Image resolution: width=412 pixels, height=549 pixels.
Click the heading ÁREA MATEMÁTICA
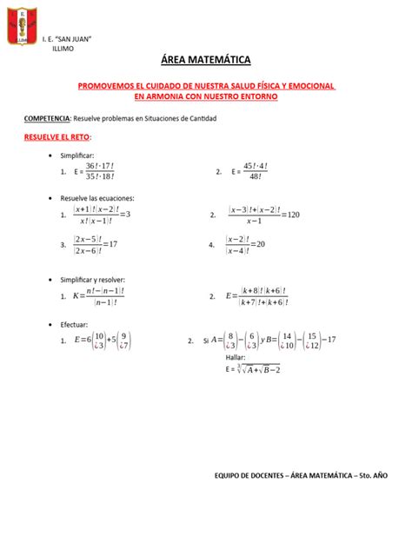(x=205, y=60)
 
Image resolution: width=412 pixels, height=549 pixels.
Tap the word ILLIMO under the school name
(x=63, y=49)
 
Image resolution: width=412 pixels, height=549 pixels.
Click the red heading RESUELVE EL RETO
(x=56, y=137)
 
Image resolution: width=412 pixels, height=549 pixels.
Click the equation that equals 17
(x=96, y=245)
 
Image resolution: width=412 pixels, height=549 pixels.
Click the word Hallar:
(x=236, y=357)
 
